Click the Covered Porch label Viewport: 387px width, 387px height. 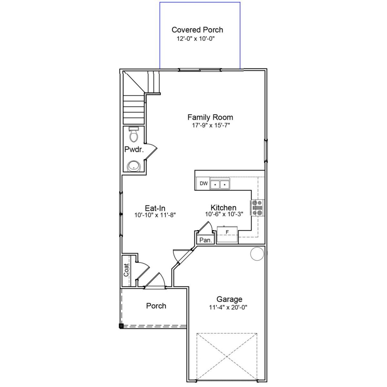click(x=197, y=30)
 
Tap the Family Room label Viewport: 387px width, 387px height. click(x=210, y=117)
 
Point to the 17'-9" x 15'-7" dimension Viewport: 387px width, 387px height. click(x=211, y=125)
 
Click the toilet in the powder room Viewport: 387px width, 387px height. click(x=133, y=135)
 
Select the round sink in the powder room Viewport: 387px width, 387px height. click(x=133, y=166)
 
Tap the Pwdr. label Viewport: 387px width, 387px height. click(x=134, y=149)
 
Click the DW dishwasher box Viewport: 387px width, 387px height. click(x=203, y=184)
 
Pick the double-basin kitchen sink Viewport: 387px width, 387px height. click(x=220, y=184)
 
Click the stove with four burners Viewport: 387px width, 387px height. click(x=257, y=208)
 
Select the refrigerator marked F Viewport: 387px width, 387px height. click(x=227, y=235)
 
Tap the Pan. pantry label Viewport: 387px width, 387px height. click(x=205, y=240)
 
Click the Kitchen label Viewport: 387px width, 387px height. click(x=223, y=207)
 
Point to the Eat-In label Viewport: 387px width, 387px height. click(x=155, y=208)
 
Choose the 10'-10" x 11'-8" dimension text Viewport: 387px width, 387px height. click(x=155, y=215)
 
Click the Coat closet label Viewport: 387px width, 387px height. click(x=126, y=270)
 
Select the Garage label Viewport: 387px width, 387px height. click(x=229, y=299)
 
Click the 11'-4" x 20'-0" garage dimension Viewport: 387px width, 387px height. click(x=230, y=307)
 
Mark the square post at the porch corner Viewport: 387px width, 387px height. click(x=121, y=326)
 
